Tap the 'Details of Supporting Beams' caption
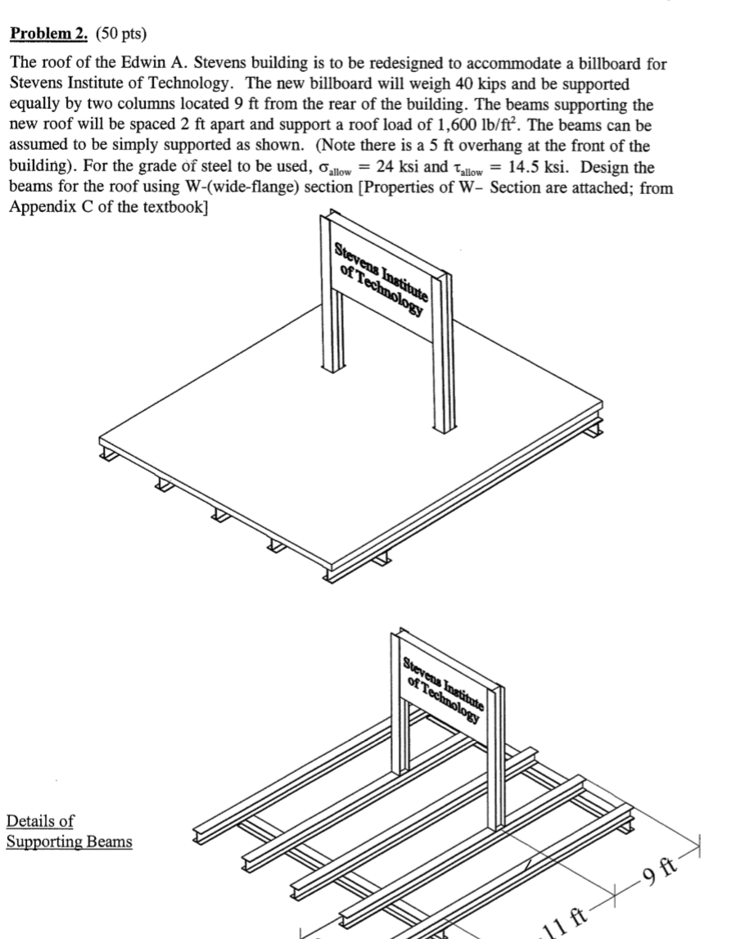(x=69, y=831)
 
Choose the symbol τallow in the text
(x=469, y=168)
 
